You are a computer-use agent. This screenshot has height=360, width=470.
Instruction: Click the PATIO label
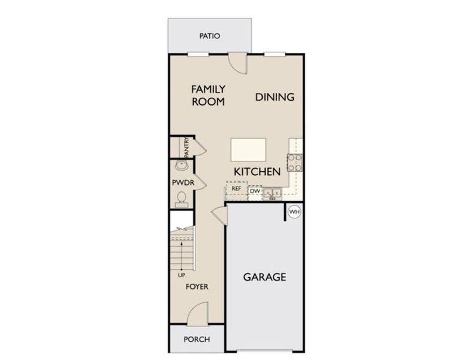[209, 36]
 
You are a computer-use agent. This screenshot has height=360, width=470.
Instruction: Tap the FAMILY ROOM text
[208, 95]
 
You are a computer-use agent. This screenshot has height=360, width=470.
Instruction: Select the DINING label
[275, 97]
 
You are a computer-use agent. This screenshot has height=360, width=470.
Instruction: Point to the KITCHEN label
[257, 172]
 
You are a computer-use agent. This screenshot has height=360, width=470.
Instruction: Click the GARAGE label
[264, 277]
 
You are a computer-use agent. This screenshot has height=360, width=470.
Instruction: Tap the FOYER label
[197, 287]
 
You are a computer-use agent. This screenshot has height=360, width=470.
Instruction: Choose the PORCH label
[197, 340]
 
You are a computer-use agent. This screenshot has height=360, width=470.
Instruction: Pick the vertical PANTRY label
[187, 146]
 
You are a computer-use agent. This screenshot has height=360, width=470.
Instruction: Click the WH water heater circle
[294, 212]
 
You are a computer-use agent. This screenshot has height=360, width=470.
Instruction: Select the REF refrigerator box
[236, 189]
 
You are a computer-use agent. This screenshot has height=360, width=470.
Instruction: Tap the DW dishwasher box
[255, 191]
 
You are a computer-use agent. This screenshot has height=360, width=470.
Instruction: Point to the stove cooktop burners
[295, 161]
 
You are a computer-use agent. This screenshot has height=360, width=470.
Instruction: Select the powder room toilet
[181, 199]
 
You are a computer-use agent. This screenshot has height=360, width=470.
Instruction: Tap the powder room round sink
[180, 166]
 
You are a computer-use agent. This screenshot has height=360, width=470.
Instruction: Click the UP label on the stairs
[182, 276]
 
